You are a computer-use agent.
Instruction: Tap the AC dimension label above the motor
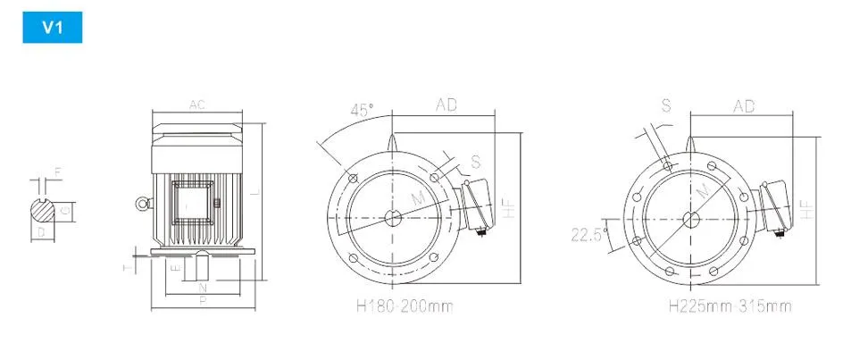197,105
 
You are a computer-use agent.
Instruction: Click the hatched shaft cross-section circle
45,211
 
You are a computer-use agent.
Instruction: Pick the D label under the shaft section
40,231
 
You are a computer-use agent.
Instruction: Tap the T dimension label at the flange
126,266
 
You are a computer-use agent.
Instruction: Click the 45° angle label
362,111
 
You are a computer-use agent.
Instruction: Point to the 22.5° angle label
589,235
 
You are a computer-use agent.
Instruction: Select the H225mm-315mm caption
730,306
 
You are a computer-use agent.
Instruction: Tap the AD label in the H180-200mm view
446,105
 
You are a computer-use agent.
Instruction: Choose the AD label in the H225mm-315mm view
744,105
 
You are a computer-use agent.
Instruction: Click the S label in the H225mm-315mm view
665,105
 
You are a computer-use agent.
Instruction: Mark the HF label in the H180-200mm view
509,208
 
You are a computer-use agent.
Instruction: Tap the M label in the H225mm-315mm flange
703,191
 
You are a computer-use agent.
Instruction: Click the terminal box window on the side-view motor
192,205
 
